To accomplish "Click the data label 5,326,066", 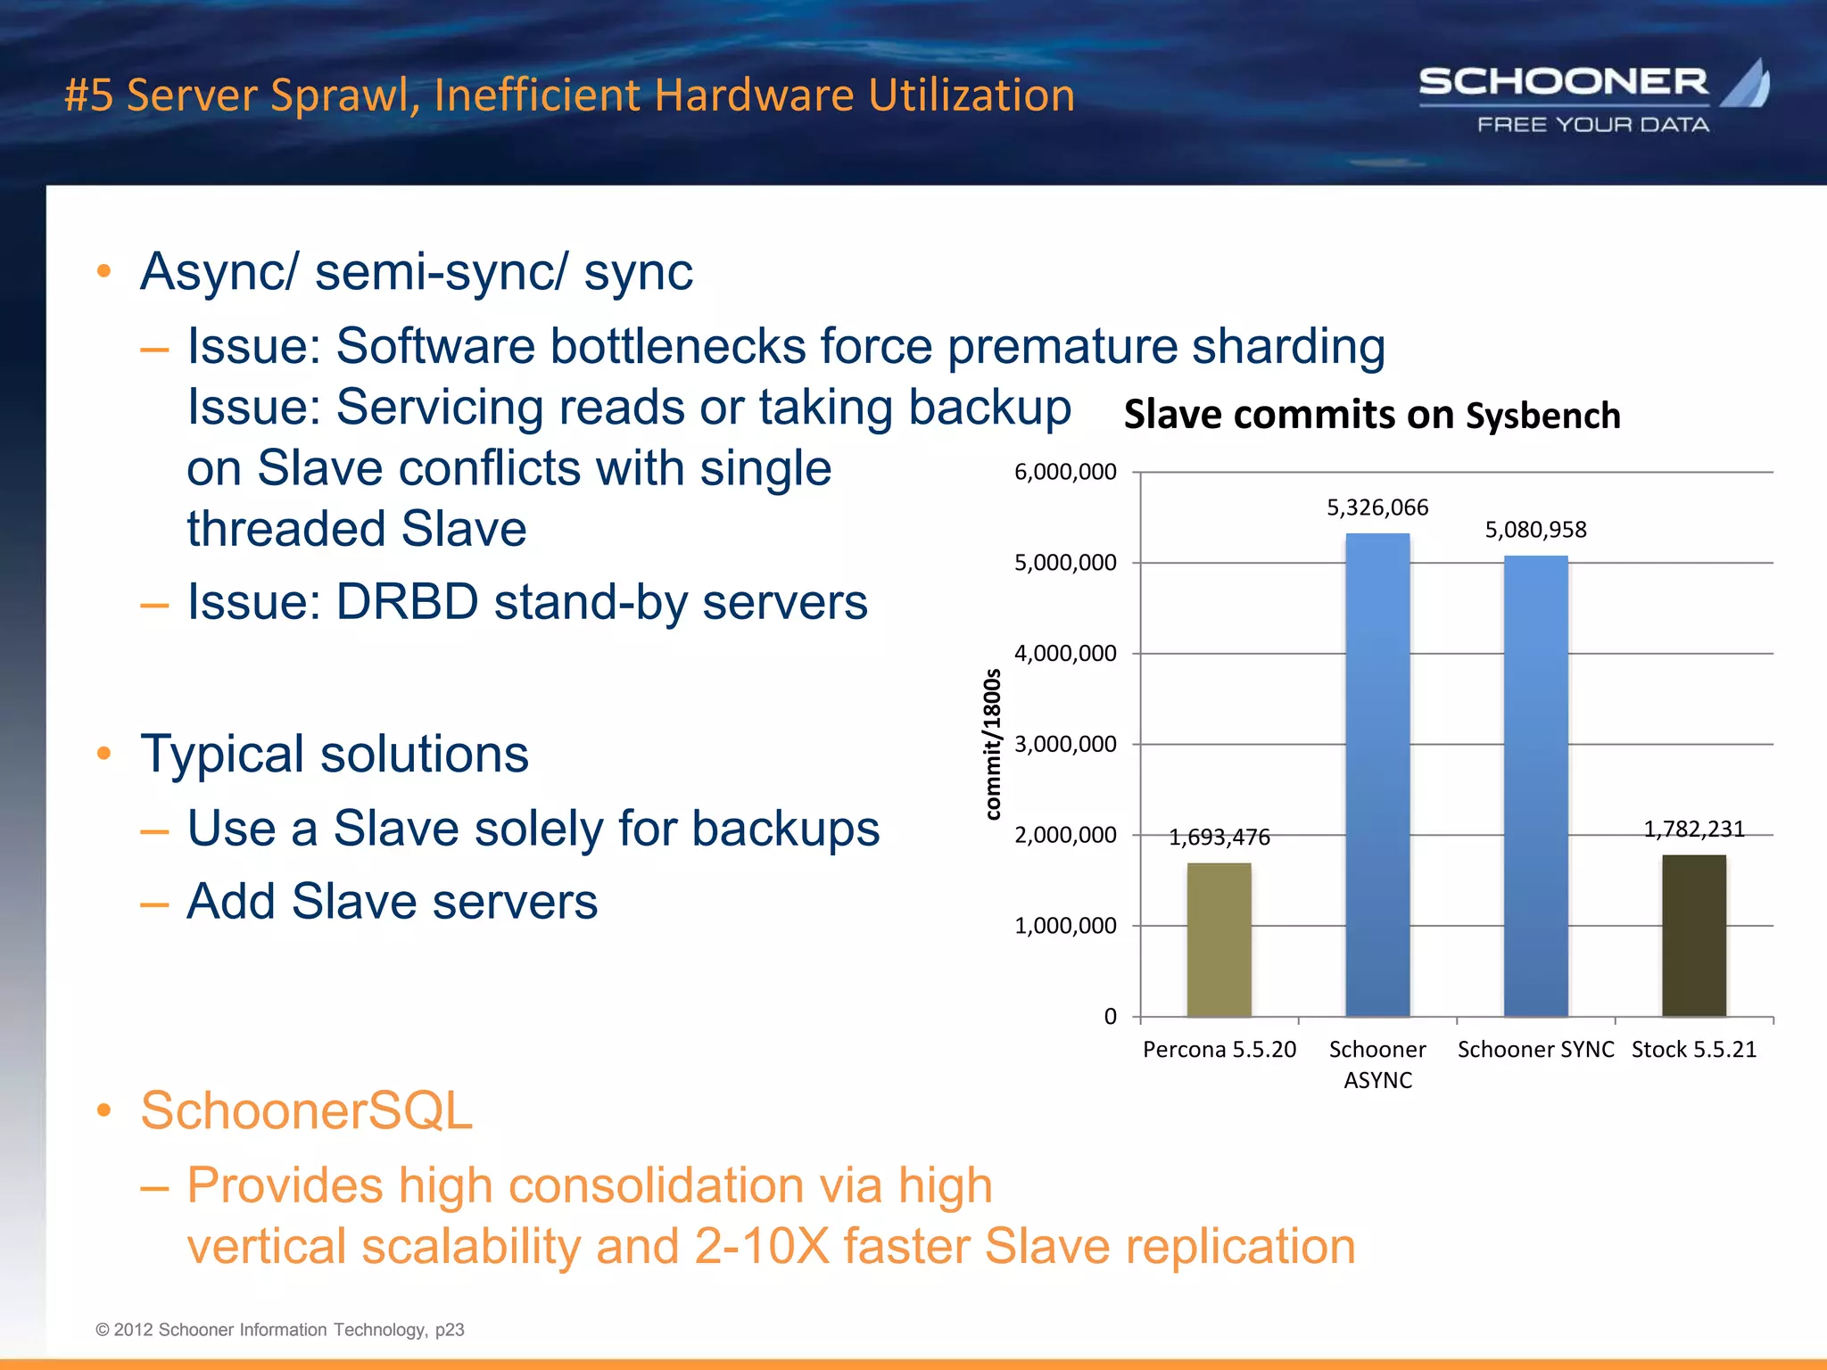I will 1377,508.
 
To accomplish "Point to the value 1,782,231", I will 1693,829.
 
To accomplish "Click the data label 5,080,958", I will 1535,530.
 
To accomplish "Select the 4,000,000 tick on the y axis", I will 1065,654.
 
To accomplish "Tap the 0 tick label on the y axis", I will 1110,1017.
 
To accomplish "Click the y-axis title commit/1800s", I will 992,744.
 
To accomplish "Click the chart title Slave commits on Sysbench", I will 1371,416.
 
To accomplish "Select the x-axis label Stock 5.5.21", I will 1693,1050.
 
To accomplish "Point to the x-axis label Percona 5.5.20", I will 1219,1050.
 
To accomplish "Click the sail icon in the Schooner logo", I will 1747,84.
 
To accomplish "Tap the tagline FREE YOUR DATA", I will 1592,125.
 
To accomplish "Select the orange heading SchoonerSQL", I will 306,1110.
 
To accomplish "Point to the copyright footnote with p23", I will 279,1330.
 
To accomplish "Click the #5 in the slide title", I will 88,95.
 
